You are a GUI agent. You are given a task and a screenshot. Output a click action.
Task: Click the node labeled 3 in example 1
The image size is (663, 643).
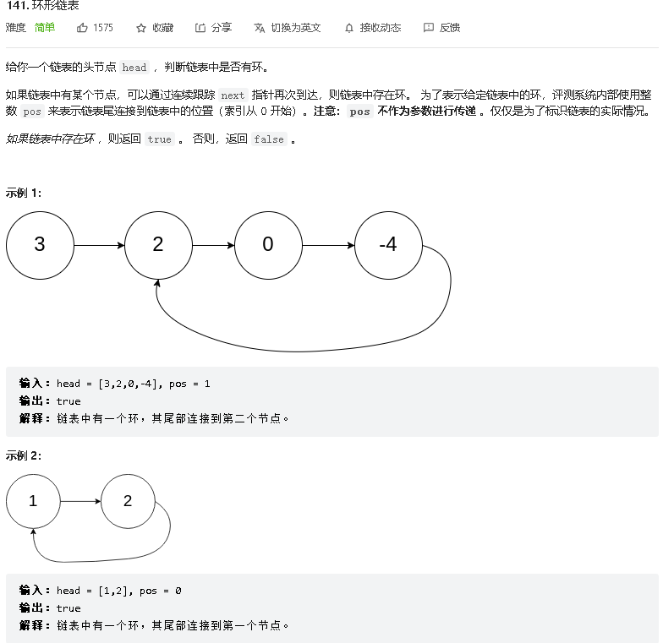40,245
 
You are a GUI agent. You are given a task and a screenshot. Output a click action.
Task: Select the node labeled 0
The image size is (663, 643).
268,245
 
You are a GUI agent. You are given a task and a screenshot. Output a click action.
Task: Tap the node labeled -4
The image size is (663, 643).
388,245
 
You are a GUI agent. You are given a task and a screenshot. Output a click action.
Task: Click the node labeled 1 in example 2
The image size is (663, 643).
33,501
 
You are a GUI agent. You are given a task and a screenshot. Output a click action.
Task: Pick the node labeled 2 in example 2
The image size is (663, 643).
128,501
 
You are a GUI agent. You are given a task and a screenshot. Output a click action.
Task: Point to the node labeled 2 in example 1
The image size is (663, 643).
158,245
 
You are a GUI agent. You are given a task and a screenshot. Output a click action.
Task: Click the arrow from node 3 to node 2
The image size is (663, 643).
99,246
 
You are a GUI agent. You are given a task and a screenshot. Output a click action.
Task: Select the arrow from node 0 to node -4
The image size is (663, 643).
328,246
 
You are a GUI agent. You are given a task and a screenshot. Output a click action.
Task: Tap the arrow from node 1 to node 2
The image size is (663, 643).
80,501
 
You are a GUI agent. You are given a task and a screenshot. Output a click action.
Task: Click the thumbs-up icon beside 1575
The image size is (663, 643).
83,28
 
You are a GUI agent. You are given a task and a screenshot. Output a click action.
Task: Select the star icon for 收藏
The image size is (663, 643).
141,28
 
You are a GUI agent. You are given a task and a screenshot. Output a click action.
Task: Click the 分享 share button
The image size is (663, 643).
213,28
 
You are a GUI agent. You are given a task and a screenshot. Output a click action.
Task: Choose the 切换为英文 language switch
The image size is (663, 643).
288,28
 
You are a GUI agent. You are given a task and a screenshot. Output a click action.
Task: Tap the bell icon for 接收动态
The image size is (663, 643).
349,28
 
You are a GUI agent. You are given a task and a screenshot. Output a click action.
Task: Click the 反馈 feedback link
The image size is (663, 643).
441,28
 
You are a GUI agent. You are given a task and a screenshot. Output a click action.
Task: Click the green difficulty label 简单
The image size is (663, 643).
45,28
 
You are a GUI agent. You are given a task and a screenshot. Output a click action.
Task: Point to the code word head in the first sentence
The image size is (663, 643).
134,68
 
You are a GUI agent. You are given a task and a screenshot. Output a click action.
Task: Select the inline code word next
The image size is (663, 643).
233,95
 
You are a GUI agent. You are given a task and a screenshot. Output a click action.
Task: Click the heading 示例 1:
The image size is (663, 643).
24,193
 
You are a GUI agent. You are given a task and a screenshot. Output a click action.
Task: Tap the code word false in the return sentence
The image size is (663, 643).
269,139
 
